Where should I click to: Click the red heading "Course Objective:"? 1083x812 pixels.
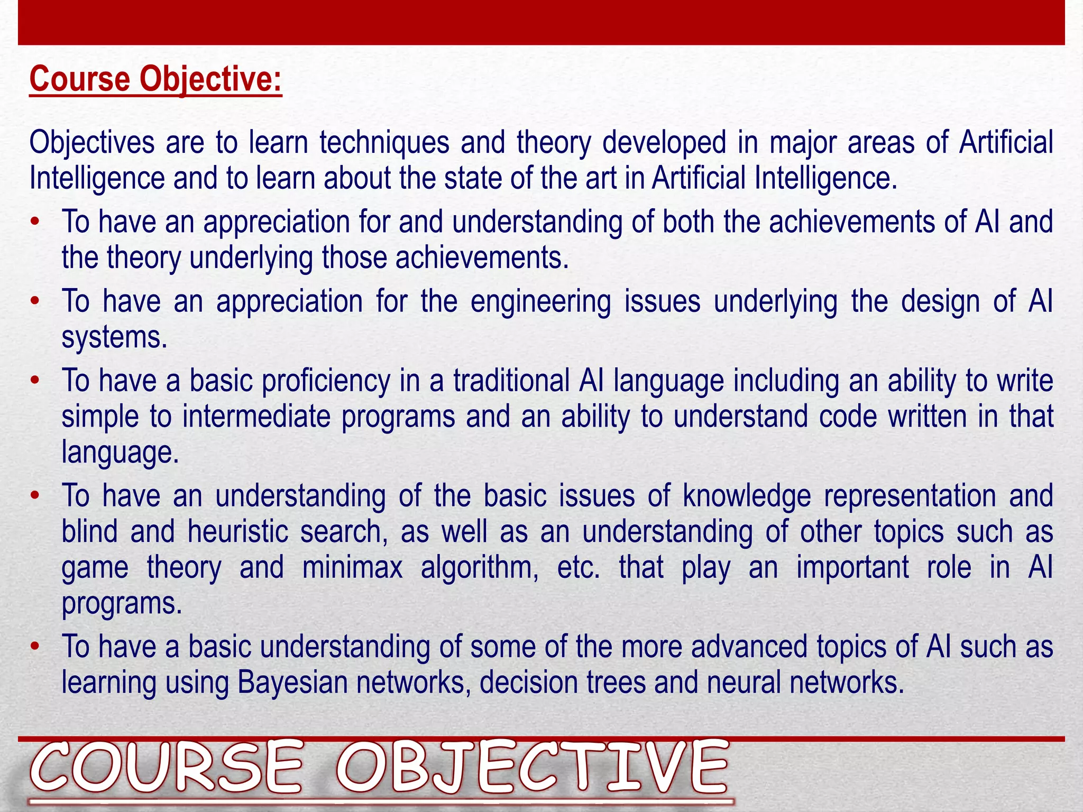point(155,79)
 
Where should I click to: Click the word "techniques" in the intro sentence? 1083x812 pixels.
point(384,143)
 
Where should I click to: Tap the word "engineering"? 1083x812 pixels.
point(540,302)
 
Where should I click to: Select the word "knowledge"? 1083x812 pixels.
point(747,496)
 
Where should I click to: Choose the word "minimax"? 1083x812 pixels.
point(352,568)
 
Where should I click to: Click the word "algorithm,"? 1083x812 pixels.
point(480,568)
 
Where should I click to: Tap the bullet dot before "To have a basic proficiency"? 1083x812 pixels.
point(35,381)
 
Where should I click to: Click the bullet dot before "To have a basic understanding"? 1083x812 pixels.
point(35,647)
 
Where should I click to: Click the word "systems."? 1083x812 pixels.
point(114,338)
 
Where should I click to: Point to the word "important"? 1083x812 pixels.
point(852,568)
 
